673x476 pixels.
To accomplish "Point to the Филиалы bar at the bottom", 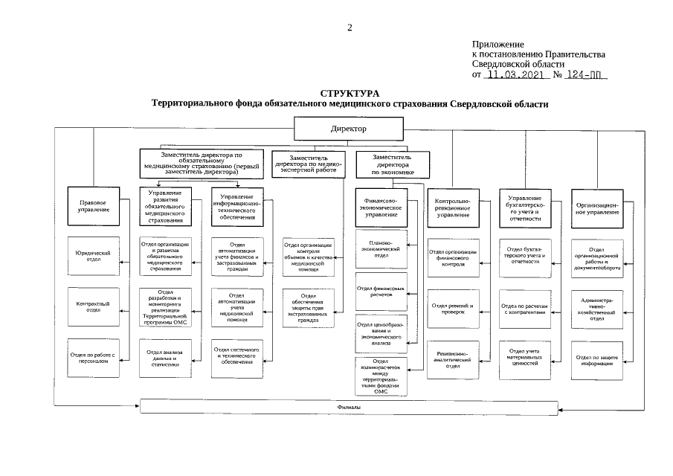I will (349, 408).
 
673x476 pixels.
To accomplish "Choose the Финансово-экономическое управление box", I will (381, 207).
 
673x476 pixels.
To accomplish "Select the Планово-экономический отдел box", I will (381, 250).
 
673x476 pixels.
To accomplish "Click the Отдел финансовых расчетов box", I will (381, 290).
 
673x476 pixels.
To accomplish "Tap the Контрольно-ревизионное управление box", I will (452, 207).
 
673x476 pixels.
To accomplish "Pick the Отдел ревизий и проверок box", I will (452, 309).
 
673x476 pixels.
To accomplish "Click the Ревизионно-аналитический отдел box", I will (452, 358).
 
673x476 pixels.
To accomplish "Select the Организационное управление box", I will (596, 207).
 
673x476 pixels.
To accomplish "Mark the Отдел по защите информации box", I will (596, 358).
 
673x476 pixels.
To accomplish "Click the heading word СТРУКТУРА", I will (350, 94).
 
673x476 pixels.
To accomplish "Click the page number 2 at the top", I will (350, 28).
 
